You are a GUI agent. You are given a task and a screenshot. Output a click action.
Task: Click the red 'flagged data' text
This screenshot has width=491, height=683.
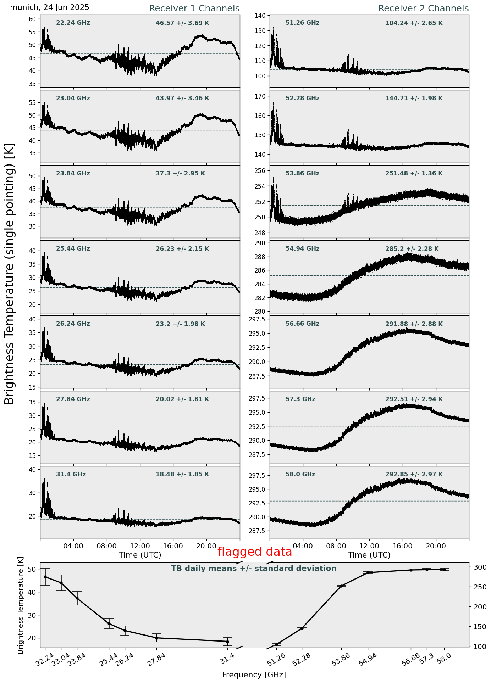[x=254, y=552]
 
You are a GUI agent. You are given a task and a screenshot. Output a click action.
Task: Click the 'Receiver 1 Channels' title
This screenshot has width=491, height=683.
[x=194, y=9]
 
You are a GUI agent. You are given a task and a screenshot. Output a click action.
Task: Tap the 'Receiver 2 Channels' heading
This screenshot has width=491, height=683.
[x=423, y=9]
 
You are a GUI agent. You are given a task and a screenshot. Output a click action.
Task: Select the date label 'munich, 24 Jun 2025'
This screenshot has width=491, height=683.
[x=50, y=7]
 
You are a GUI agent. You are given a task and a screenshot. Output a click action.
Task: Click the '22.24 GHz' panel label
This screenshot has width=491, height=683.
[x=73, y=23]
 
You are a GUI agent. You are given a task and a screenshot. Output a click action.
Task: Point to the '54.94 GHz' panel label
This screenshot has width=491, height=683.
[x=302, y=249]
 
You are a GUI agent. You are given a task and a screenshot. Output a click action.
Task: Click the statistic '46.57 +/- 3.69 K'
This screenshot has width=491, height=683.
[x=182, y=23]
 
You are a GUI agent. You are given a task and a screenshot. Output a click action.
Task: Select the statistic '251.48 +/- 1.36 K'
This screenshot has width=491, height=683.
[x=414, y=174]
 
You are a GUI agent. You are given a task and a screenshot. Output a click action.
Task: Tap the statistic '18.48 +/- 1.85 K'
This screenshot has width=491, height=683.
[x=182, y=474]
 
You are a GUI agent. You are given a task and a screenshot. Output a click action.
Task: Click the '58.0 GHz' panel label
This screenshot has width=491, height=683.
[x=300, y=474]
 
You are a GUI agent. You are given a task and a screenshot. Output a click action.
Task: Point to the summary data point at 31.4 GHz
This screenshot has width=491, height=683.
[x=227, y=641]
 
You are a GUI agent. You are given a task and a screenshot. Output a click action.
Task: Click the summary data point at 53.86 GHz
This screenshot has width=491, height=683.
[x=342, y=586]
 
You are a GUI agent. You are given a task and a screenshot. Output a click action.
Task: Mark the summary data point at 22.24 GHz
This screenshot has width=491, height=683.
[x=45, y=577]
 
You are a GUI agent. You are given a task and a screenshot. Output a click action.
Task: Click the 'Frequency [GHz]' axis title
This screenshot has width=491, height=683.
[x=254, y=674]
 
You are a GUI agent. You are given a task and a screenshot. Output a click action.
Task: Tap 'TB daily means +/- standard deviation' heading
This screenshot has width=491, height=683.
[x=254, y=569]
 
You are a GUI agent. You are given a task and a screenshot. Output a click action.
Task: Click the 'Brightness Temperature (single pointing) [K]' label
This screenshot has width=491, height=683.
[x=10, y=273]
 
